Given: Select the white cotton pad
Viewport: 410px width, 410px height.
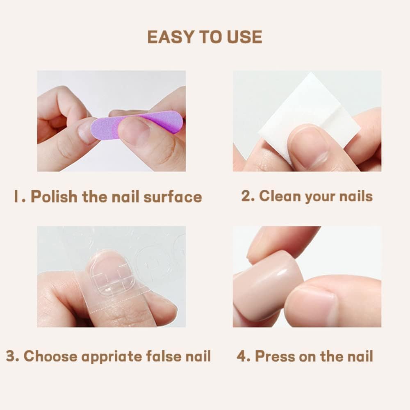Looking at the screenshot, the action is pos(309,115).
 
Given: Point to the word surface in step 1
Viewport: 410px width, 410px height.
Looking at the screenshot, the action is pos(173,196).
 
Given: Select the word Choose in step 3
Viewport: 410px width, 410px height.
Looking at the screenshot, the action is pos(50,356).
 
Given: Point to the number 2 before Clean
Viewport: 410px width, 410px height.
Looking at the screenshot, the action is pos(246,196).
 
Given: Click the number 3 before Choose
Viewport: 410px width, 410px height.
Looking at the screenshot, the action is pos(11,356).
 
